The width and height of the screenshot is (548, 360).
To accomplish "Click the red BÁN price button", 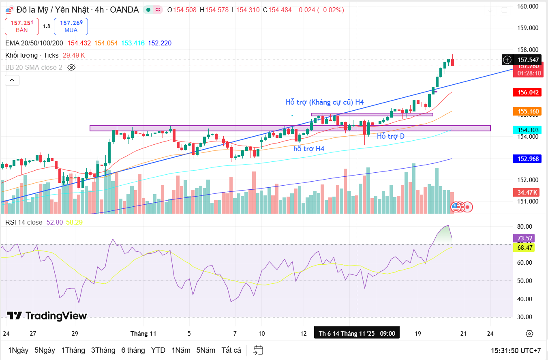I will point(22,26).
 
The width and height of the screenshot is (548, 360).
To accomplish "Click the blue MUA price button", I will point(71,26).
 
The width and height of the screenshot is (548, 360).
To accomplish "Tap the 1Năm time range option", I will point(181,350).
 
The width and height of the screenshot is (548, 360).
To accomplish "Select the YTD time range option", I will point(158,350).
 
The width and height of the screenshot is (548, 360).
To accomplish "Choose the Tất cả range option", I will point(231,350).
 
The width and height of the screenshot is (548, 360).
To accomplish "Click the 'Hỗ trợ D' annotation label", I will point(390,136).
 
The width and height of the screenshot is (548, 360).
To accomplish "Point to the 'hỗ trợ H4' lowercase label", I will point(309,149).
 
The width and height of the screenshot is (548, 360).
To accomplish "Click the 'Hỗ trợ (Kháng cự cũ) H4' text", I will point(325,102).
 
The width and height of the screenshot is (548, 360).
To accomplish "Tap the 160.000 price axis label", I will point(528,6).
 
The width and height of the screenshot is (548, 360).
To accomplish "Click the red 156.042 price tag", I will point(528,92).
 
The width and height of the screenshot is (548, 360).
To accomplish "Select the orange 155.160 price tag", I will point(528,111).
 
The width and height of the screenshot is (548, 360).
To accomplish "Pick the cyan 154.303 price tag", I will point(528,130).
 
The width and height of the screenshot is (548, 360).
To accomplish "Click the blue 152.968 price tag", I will point(528,159).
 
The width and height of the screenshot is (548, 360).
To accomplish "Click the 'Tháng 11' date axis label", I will point(143,334).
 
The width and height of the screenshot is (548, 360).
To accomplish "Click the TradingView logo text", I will point(47,316).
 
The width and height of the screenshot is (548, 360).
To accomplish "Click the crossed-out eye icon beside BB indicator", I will point(71,67).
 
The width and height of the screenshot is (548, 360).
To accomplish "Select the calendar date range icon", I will point(258,350).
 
